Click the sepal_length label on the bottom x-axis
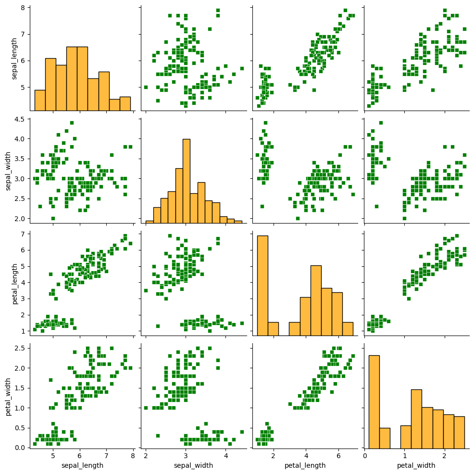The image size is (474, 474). (82, 465)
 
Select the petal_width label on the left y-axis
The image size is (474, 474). (8, 394)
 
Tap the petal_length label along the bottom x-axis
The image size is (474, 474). (305, 465)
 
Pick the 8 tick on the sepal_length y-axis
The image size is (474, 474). (23, 8)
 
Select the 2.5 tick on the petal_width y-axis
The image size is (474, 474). (18, 348)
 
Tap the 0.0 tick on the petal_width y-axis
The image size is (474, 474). (18, 448)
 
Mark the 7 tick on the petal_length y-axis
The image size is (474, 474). (23, 234)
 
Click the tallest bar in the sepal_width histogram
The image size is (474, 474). (186, 181)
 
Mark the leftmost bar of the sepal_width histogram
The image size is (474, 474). (150, 222)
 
